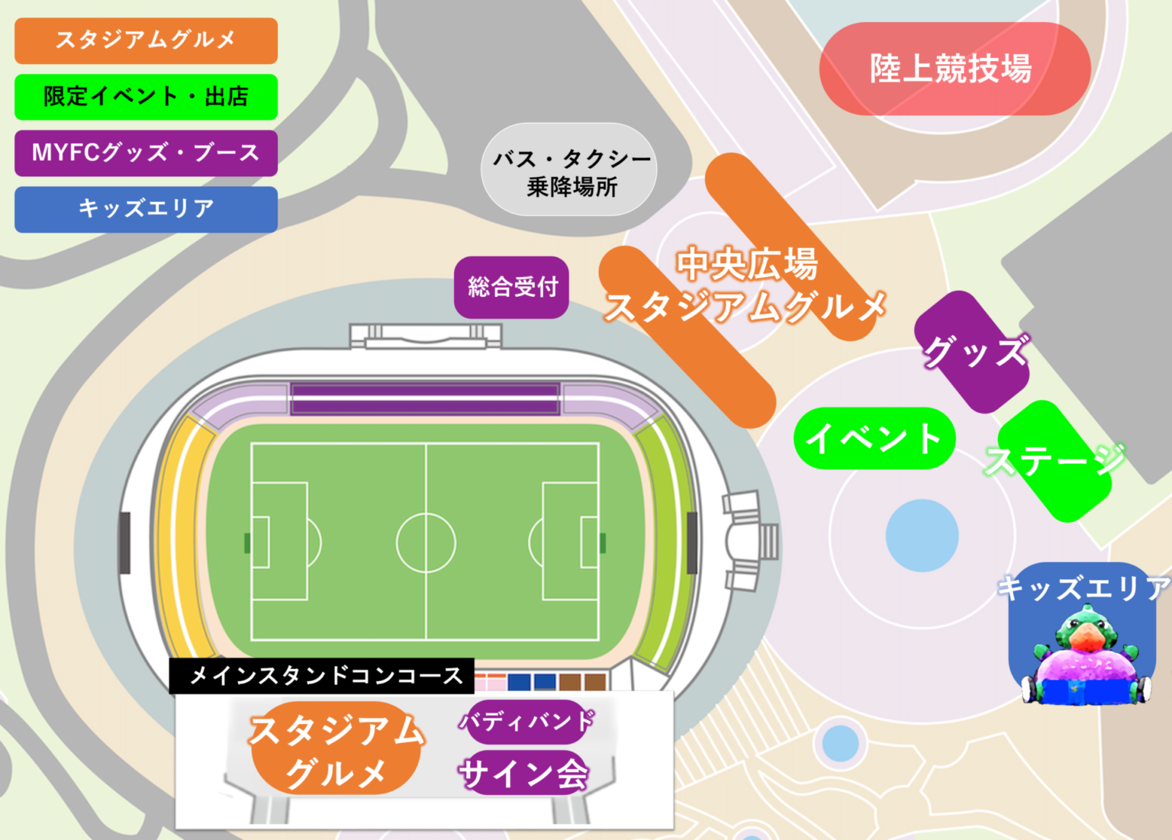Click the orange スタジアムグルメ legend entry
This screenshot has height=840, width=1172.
pos(146,40)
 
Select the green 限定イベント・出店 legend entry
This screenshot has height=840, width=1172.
pos(146,97)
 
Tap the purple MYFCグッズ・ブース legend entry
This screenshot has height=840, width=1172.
pos(146,153)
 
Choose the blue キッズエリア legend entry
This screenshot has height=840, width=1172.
pos(146,209)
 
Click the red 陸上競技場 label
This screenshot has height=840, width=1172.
pos(954,69)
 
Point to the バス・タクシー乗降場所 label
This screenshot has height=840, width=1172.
pos(569,171)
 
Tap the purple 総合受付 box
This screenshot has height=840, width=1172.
pos(512,287)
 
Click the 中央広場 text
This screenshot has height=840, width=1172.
pos(746,264)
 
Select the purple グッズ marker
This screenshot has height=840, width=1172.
pos(973,352)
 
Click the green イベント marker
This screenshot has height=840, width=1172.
pos(874,439)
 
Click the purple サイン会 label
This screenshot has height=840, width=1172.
pos(524,774)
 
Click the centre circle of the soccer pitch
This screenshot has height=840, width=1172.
pos(426,542)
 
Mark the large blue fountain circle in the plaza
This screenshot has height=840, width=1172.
pos(922,535)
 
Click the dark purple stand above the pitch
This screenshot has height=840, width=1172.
pos(425,398)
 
